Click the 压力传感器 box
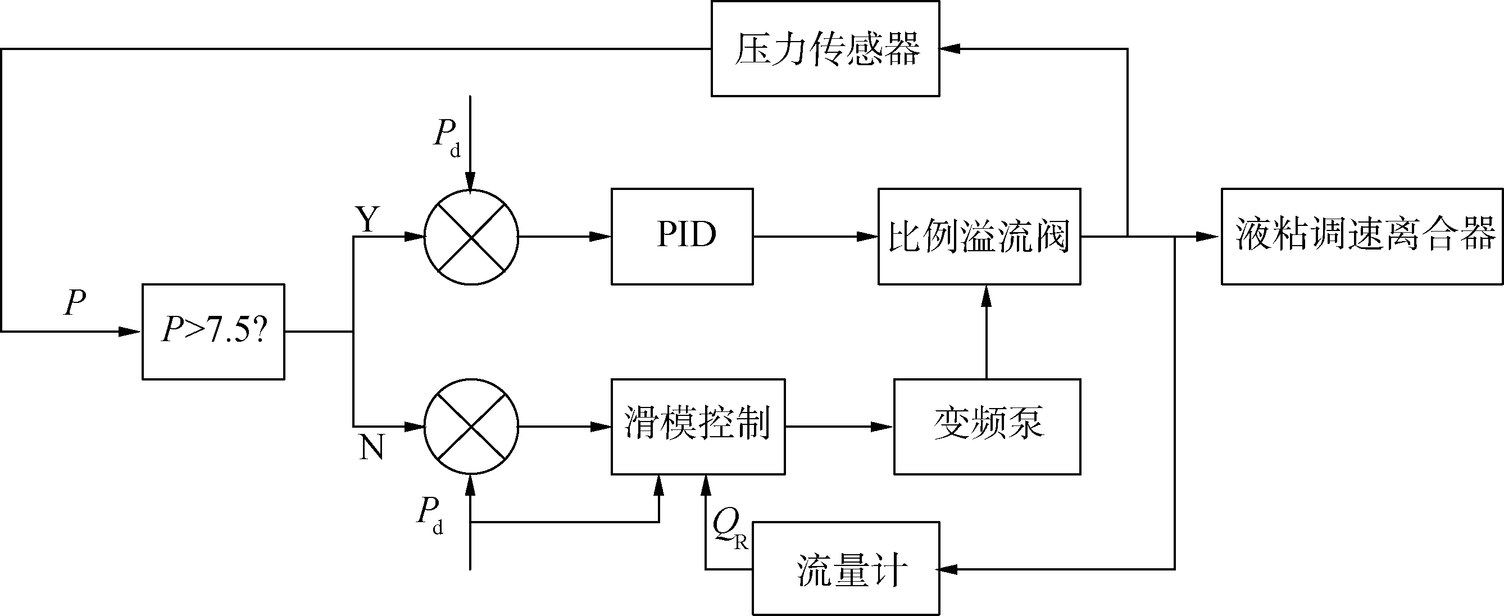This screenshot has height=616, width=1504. [x=825, y=48]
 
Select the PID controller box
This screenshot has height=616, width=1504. [x=682, y=237]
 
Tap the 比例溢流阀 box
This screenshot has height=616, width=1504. [x=979, y=237]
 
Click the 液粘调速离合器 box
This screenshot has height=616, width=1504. [x=1362, y=237]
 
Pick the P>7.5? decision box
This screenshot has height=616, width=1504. [x=213, y=332]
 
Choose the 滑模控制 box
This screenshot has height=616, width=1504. [x=698, y=426]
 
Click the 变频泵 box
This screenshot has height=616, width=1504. [x=987, y=426]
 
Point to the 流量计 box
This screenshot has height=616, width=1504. [x=846, y=568]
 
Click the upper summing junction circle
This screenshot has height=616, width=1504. [x=471, y=237]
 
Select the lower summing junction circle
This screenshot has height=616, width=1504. [x=471, y=426]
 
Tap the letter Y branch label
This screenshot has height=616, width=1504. [x=367, y=220]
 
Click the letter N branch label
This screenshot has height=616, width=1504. [x=372, y=448]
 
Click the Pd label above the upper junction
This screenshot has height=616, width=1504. [x=446, y=137]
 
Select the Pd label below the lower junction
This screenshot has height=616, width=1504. [x=429, y=514]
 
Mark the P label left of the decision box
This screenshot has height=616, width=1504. [x=75, y=303]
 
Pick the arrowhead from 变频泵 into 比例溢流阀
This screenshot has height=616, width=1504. [x=987, y=296]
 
